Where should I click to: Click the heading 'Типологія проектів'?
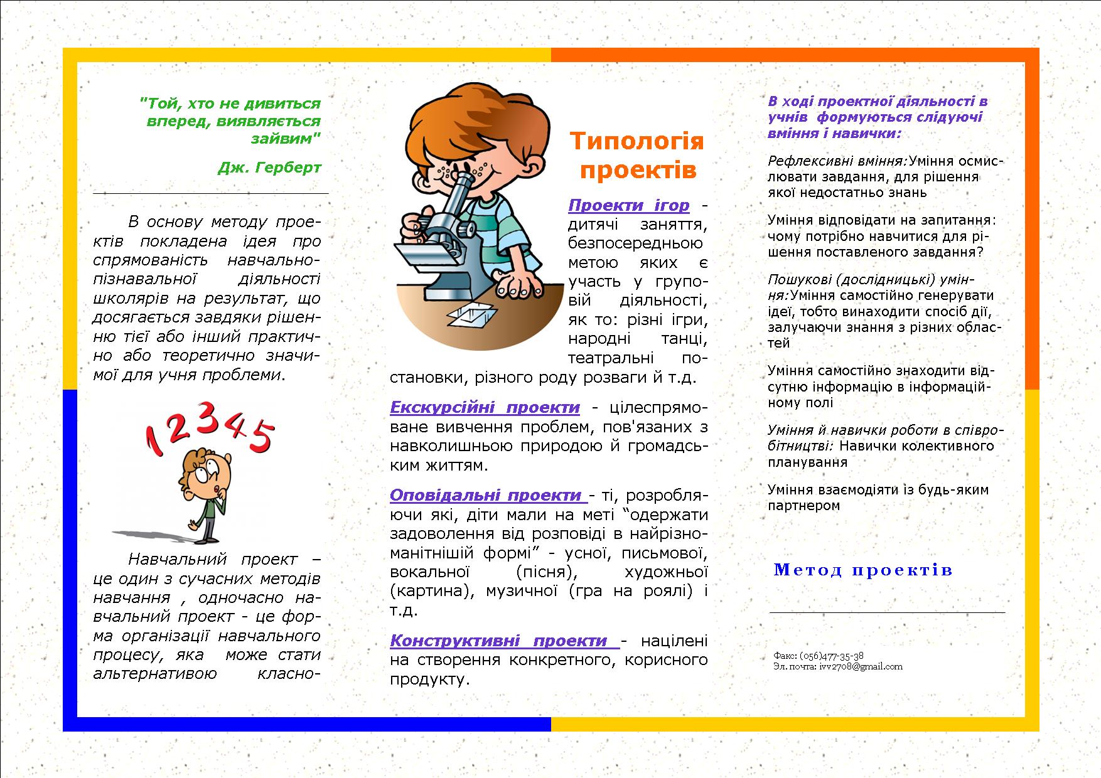click(x=636, y=155)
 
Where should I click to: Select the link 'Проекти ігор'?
click(x=628, y=205)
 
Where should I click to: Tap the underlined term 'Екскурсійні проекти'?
click(x=485, y=408)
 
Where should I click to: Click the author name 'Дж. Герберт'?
click(x=269, y=168)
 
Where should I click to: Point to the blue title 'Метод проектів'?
click(x=863, y=570)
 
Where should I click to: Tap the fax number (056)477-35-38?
click(x=832, y=656)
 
